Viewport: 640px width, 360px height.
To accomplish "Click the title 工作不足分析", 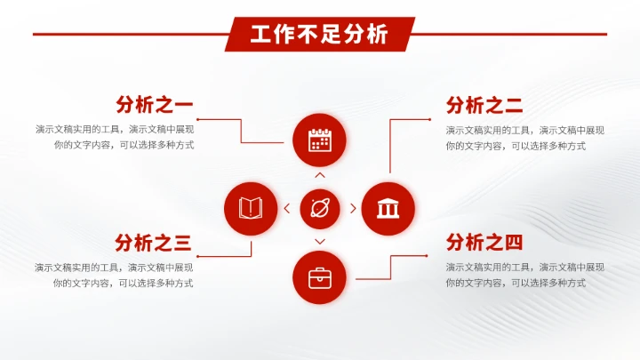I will click(x=319, y=35).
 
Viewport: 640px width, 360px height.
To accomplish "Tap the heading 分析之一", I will click(x=154, y=105).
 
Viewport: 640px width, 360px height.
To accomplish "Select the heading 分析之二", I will click(x=484, y=106).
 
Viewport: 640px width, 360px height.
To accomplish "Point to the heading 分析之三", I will click(x=153, y=242).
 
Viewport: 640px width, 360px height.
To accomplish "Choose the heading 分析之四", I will click(x=484, y=242).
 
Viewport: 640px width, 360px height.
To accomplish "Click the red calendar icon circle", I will click(x=319, y=140).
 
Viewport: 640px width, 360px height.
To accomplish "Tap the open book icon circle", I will click(x=250, y=209).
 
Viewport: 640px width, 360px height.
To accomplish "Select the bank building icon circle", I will click(x=388, y=209).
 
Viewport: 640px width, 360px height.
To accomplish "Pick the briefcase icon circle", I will click(x=319, y=278).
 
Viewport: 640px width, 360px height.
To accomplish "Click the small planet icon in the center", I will click(x=319, y=209).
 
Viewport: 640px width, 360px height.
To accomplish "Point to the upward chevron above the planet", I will click(x=320, y=176).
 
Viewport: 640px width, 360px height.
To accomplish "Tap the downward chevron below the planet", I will click(x=320, y=242).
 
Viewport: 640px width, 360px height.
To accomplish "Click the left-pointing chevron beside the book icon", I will click(x=286, y=209).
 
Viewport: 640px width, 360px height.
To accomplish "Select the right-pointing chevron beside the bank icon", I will click(x=353, y=209).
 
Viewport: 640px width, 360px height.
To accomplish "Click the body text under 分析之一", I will click(x=115, y=137).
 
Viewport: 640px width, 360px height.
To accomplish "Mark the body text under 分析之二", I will click(x=525, y=138).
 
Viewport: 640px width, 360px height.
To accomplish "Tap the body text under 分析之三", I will click(x=115, y=275).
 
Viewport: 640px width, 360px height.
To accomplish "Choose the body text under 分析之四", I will click(x=525, y=275).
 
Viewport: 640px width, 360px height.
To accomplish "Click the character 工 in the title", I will click(x=260, y=35).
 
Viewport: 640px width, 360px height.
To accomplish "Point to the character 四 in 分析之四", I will click(x=514, y=242).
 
